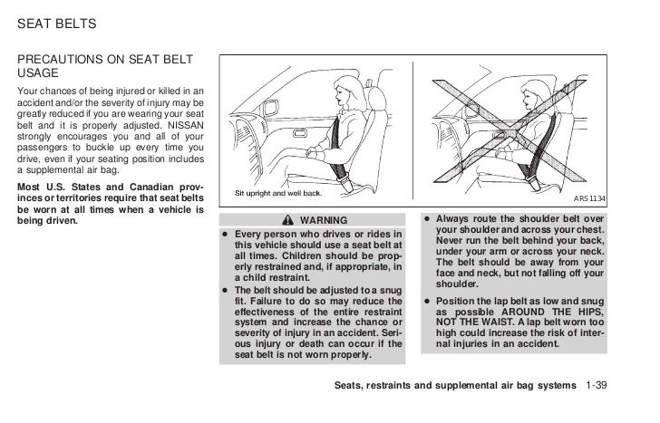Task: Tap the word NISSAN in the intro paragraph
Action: click(185, 125)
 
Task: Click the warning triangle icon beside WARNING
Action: click(286, 220)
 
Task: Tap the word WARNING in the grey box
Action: click(318, 220)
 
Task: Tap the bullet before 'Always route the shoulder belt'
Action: click(426, 220)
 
